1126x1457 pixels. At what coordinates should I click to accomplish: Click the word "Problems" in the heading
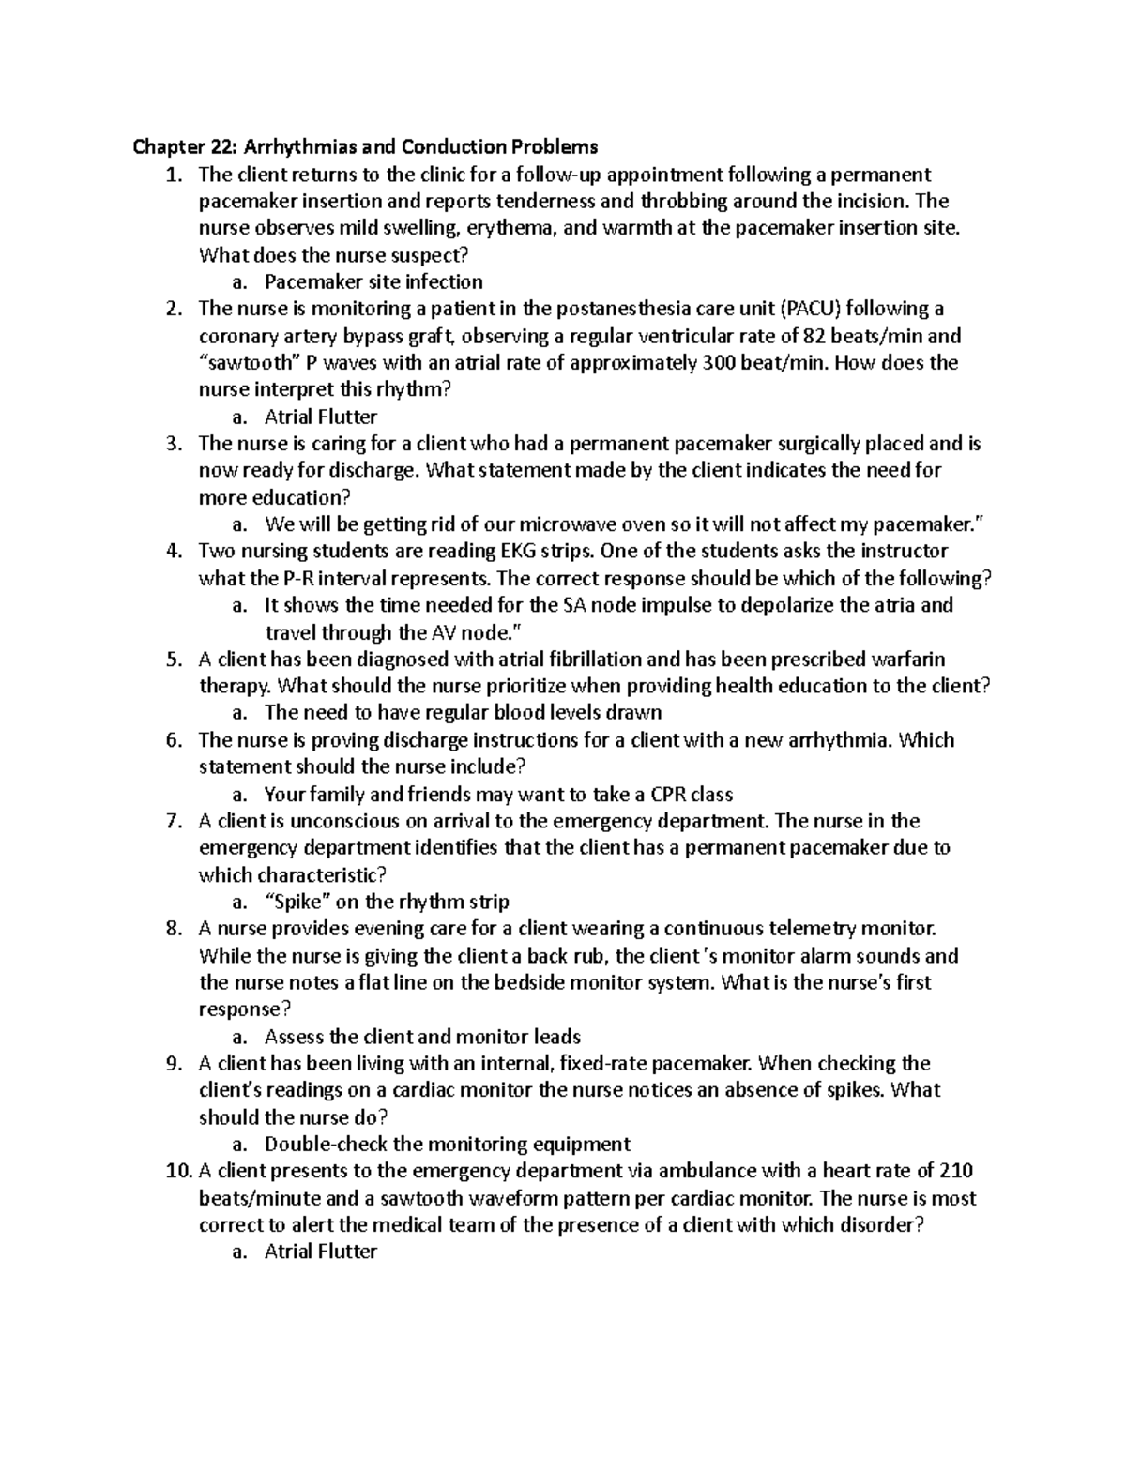coord(554,147)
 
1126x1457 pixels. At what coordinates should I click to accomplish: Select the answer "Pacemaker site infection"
coord(373,281)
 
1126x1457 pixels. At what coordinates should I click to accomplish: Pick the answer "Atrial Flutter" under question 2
coord(321,417)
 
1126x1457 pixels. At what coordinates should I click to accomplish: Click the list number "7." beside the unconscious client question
coord(173,822)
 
